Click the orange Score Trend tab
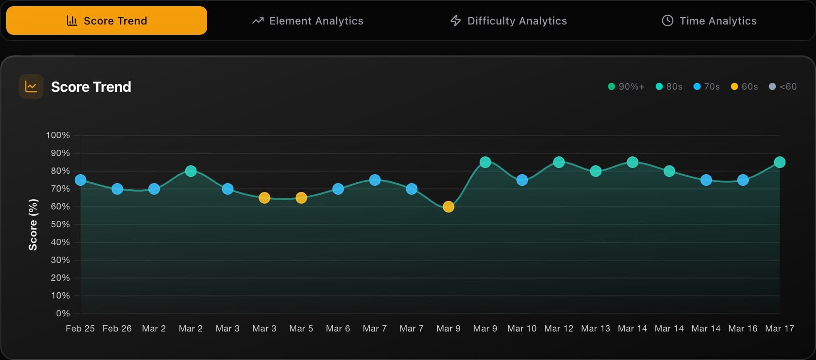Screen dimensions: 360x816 (x=106, y=20)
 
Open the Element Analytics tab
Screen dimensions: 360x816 (x=308, y=20)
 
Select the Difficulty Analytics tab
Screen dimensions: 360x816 (x=509, y=20)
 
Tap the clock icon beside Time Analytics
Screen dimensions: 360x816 (x=667, y=20)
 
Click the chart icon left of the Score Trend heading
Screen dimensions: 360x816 (x=31, y=86)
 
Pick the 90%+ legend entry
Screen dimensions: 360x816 (x=626, y=86)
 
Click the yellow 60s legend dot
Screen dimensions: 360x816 (x=734, y=86)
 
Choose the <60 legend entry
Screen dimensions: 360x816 (x=783, y=86)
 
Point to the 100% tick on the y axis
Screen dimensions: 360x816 (x=58, y=135)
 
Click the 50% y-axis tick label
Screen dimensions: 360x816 (x=60, y=224)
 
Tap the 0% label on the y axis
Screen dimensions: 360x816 (x=63, y=313)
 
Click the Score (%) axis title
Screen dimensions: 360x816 (x=33, y=225)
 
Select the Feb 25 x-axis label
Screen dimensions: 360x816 (x=80, y=328)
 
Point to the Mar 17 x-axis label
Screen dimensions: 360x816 (x=779, y=328)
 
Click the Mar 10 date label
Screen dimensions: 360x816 (x=522, y=328)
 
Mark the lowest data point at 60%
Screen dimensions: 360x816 (x=449, y=207)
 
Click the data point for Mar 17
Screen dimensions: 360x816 (x=779, y=162)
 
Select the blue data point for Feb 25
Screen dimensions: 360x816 (x=81, y=180)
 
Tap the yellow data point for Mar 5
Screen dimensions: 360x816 (x=301, y=198)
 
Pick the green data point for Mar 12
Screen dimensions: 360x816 (x=559, y=162)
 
